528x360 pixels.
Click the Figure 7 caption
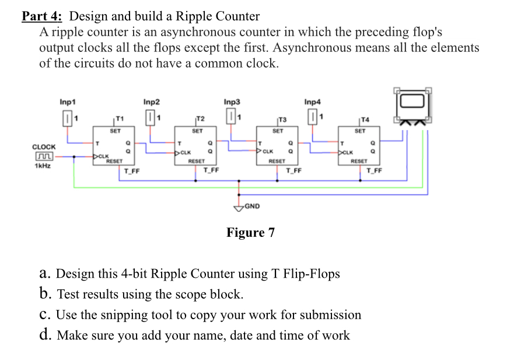250,233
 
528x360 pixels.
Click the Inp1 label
68,102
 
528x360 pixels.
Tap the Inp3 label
232,102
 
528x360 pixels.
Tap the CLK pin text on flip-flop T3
268,152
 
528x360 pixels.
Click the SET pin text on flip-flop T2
197,131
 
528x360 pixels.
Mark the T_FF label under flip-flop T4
373,170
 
